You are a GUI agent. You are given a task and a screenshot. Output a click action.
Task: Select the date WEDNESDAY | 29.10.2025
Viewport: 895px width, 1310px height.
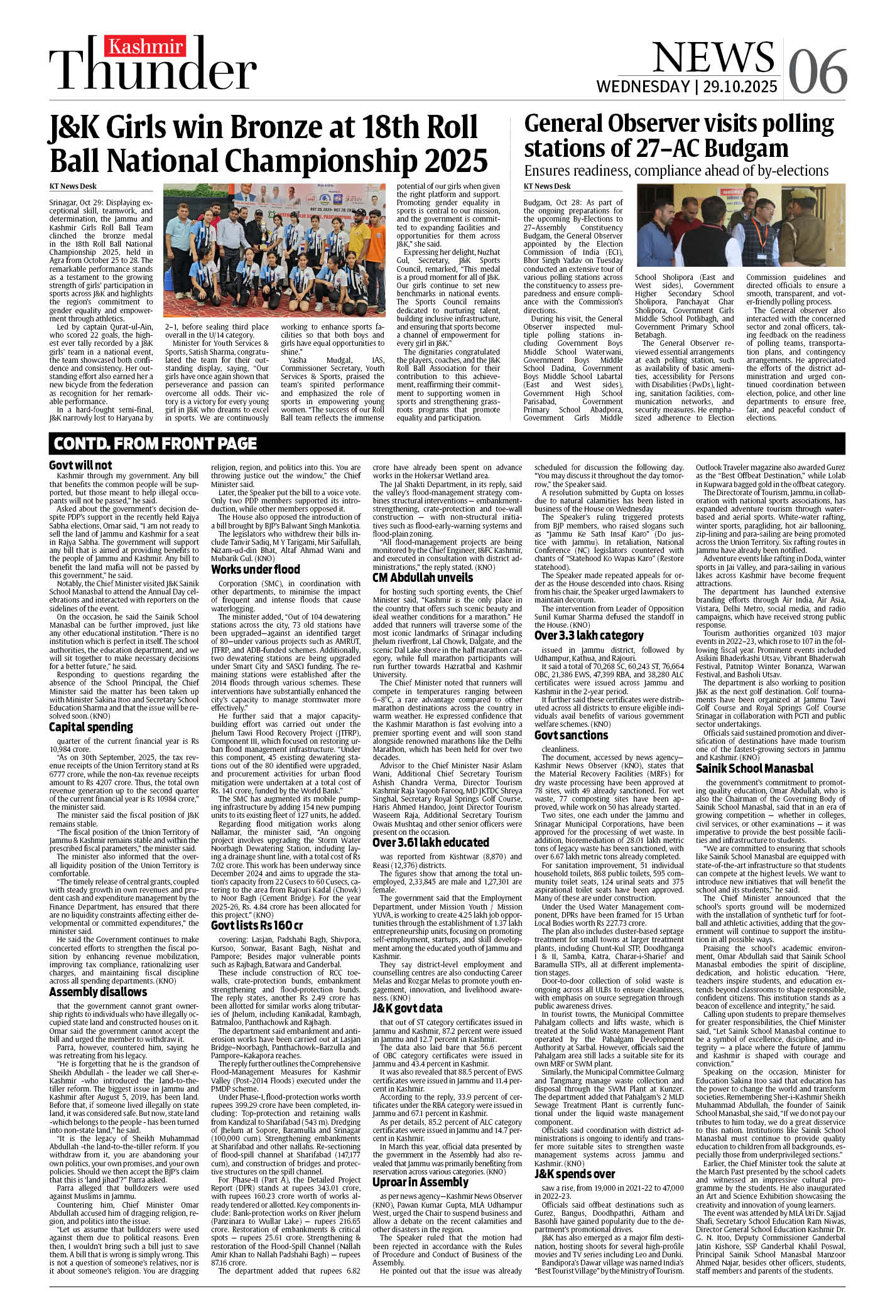click(686, 86)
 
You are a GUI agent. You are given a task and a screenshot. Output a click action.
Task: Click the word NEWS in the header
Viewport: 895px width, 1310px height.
click(713, 57)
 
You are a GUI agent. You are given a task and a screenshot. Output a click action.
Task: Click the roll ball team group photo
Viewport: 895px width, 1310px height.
click(274, 250)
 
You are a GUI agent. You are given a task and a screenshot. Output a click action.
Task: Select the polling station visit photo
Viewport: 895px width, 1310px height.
click(741, 225)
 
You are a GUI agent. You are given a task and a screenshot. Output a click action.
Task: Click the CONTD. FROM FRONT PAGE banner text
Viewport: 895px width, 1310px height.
click(155, 444)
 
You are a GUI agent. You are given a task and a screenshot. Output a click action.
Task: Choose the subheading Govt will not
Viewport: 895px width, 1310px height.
click(80, 465)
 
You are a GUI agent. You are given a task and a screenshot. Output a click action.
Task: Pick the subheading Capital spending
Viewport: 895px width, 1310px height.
click(91, 727)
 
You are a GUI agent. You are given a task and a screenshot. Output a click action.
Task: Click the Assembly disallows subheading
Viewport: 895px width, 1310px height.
click(98, 992)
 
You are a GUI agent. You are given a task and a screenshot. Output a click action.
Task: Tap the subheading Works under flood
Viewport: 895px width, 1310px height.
click(255, 569)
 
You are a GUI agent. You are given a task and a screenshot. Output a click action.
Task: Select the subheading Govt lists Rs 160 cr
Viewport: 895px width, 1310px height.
click(257, 925)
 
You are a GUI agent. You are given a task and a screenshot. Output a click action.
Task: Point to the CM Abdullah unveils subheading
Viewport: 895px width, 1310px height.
click(423, 577)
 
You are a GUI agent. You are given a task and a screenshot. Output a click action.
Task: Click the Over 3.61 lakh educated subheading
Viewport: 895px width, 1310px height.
click(430, 842)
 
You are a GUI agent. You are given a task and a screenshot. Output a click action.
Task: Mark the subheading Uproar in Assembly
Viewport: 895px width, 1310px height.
click(420, 1182)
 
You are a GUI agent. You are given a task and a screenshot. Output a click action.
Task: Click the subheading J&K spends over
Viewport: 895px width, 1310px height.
click(575, 1174)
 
